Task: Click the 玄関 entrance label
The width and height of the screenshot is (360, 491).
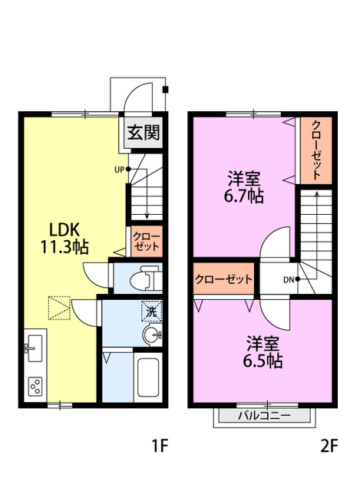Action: click(x=144, y=133)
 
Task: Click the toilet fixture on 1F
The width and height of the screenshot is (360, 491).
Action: click(x=146, y=278)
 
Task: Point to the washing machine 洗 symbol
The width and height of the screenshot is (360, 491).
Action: click(x=151, y=312)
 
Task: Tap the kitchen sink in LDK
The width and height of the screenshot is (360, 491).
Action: click(x=35, y=351)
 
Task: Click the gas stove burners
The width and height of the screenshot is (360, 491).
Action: click(x=35, y=385)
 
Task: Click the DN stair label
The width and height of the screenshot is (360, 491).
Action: click(x=289, y=279)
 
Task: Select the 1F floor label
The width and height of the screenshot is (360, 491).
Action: click(x=159, y=446)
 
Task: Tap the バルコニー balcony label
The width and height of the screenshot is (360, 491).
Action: click(x=264, y=417)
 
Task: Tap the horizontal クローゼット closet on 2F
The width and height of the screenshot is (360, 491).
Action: click(x=224, y=280)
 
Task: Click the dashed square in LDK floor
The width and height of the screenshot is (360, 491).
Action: click(x=59, y=308)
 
